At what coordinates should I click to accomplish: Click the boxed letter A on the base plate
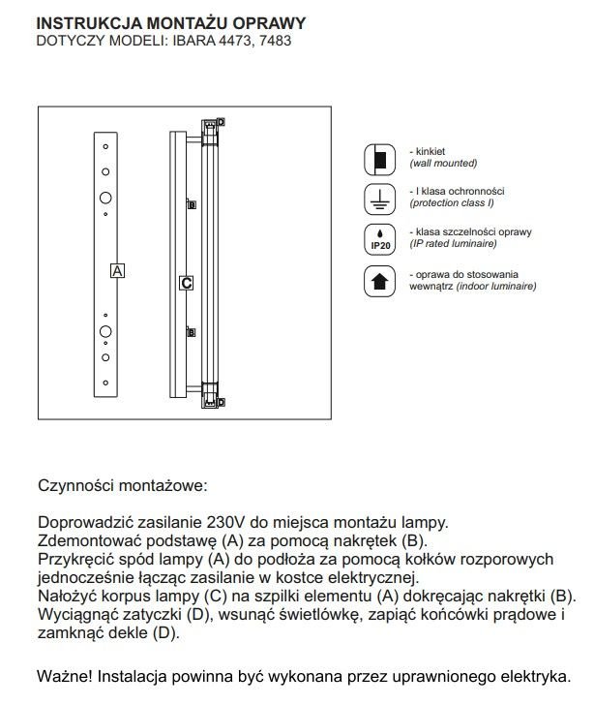pyautogui.click(x=117, y=271)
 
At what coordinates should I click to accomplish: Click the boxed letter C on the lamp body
pyautogui.click(x=187, y=284)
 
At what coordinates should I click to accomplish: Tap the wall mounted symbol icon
pyautogui.click(x=379, y=158)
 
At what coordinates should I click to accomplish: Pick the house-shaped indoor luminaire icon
pyautogui.click(x=379, y=281)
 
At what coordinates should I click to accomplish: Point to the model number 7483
pyautogui.click(x=274, y=41)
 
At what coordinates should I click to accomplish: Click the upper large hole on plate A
pyautogui.click(x=105, y=198)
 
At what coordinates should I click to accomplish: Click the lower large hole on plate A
pyautogui.click(x=105, y=332)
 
